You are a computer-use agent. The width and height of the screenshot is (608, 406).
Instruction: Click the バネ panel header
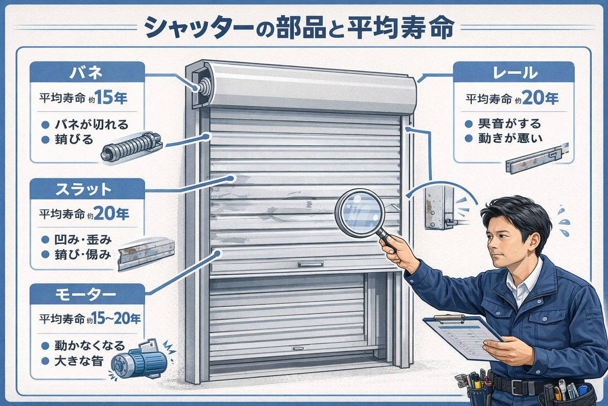tap(87, 72)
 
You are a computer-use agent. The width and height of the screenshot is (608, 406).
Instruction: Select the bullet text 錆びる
tap(74, 140)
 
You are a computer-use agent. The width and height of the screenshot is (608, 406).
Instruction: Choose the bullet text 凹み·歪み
tap(83, 239)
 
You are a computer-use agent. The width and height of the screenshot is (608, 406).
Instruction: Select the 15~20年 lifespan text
tap(117, 318)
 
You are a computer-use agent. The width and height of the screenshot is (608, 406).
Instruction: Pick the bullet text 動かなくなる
tap(89, 346)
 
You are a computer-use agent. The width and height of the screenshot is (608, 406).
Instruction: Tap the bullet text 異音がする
tap(509, 124)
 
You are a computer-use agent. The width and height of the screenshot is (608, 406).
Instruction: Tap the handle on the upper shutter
tap(310, 264)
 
